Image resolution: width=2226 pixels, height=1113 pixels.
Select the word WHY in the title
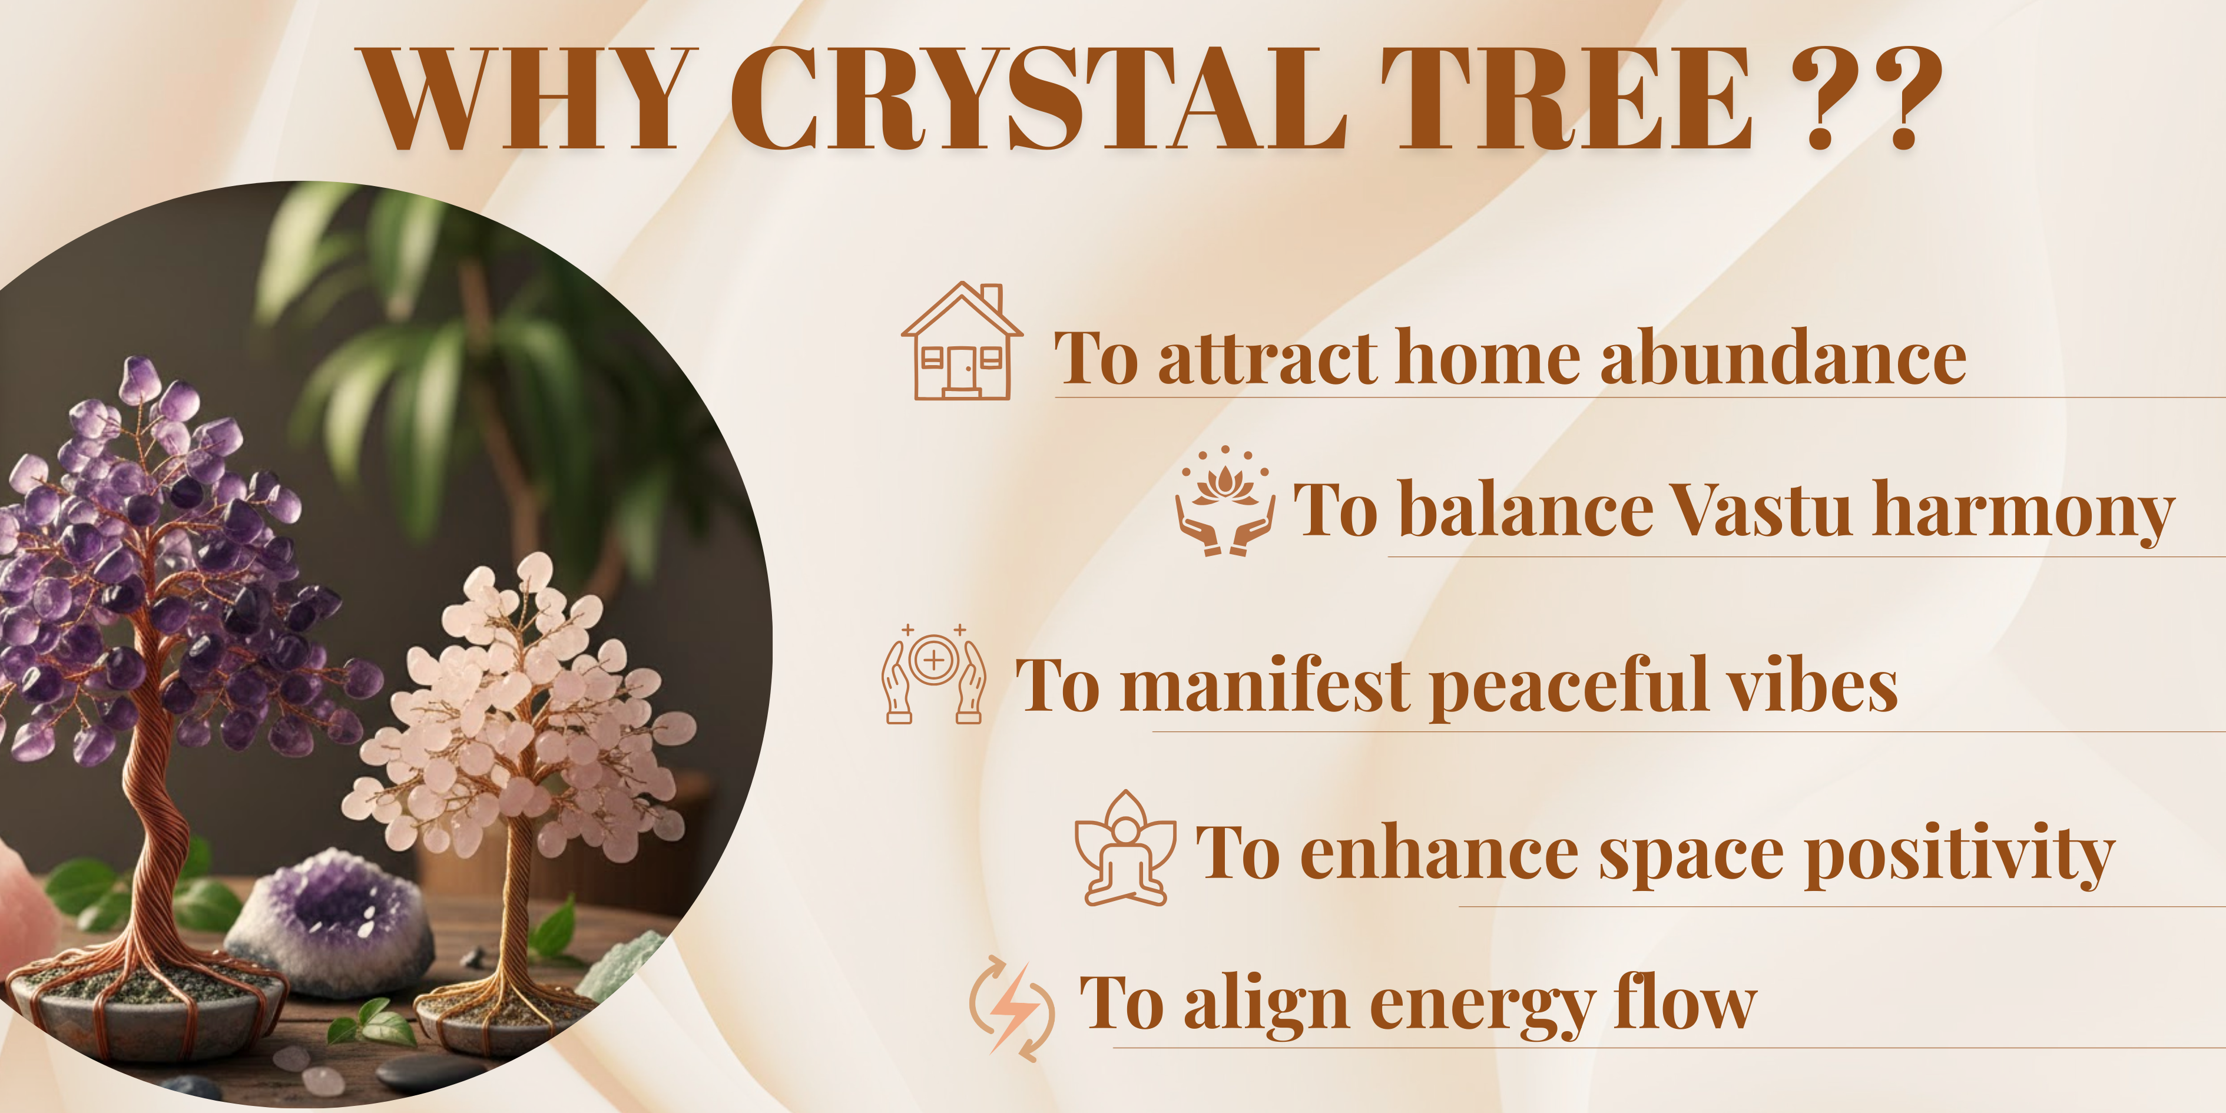(x=527, y=98)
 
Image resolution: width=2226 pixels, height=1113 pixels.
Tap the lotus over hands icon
(x=1224, y=501)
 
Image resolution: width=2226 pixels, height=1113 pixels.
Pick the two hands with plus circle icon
(x=933, y=673)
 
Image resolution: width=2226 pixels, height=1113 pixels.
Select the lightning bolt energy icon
(x=1012, y=1008)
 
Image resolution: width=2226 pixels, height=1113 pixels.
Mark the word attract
(x=1268, y=358)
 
